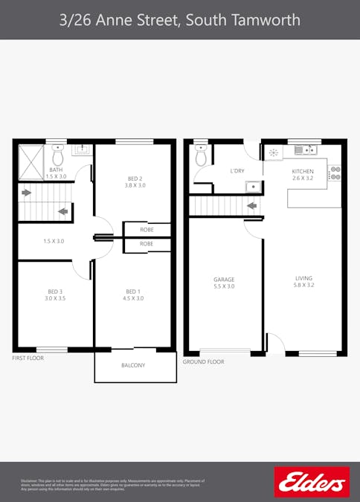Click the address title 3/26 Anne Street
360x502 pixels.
pos(180,19)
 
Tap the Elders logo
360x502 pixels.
pos(312,482)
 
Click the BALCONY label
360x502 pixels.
pos(133,365)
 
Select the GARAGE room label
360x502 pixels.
pos(224,280)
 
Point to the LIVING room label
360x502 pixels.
pos(304,280)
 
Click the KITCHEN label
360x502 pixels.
pos(303,172)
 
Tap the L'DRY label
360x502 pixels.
pos(237,171)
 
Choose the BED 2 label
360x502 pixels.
pos(135,178)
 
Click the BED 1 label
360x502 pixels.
pos(134,291)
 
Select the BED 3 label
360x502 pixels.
pos(56,291)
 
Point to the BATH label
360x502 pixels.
pos(56,170)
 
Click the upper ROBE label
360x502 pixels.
pos(147,230)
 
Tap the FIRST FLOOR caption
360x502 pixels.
pos(28,358)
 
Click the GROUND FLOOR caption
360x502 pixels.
pos(203,361)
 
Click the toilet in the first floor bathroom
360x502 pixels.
pos(57,155)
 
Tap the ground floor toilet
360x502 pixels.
pos(201,155)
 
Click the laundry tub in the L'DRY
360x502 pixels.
pos(253,186)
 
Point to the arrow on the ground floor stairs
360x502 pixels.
pos(252,205)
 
